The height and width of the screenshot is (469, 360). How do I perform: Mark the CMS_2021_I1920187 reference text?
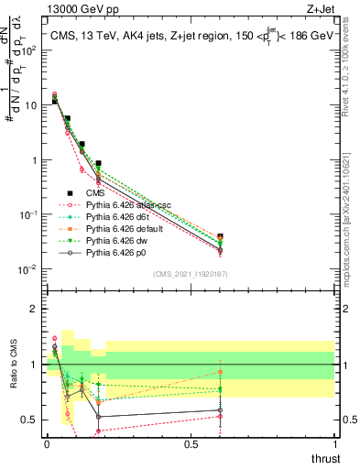190,273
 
